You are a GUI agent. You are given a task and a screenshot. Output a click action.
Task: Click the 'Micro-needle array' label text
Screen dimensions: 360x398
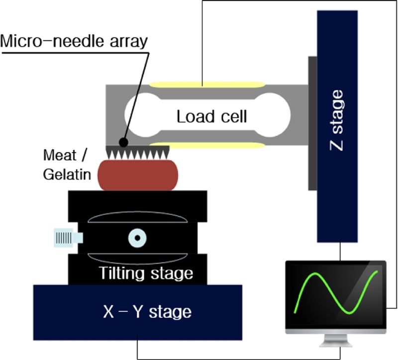pos(74,41)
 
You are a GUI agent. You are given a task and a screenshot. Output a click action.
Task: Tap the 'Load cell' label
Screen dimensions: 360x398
pos(212,117)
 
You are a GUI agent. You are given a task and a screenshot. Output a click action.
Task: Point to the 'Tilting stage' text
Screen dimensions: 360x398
pos(145,273)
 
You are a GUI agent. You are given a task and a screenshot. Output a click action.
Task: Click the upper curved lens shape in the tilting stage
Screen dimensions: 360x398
pos(137,219)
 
